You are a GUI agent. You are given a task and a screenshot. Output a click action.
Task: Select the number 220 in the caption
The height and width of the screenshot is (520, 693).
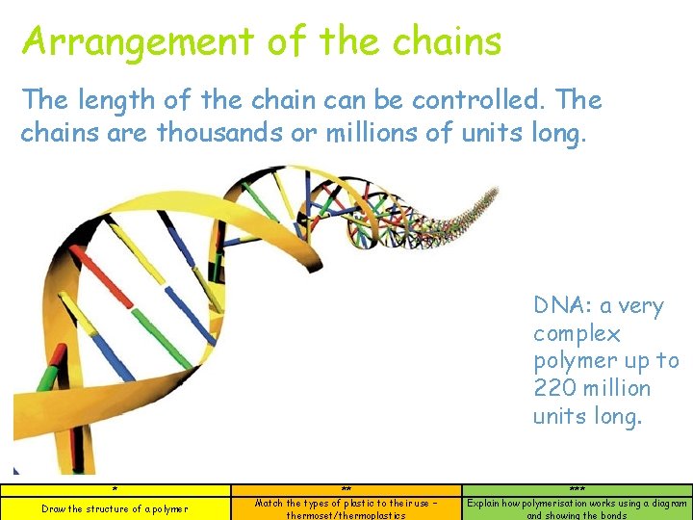click(x=555, y=389)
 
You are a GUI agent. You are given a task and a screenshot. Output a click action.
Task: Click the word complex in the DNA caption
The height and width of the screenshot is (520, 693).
click(x=577, y=334)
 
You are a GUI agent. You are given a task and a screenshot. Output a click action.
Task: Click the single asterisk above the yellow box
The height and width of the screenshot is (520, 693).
click(x=115, y=490)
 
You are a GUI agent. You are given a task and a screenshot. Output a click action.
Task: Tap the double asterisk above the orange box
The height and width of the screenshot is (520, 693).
click(x=346, y=490)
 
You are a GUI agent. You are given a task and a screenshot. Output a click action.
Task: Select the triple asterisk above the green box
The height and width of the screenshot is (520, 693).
click(x=577, y=490)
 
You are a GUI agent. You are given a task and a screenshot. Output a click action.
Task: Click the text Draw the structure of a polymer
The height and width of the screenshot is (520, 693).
click(x=115, y=508)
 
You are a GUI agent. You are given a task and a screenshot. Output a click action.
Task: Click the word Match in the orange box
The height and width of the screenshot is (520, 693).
click(x=269, y=503)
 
